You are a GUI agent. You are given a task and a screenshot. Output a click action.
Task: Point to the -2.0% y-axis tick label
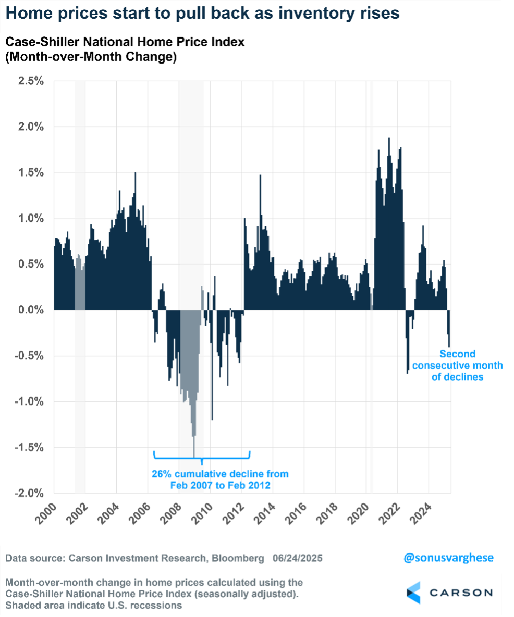31,493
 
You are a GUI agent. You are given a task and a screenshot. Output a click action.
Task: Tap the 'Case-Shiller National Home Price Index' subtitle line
125,43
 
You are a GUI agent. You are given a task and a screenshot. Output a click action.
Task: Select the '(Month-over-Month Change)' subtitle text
91,57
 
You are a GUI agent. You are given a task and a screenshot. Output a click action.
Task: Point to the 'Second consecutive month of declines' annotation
457,365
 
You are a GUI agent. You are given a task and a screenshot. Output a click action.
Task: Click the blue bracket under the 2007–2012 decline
202,456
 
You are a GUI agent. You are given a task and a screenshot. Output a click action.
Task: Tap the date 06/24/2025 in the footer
297,558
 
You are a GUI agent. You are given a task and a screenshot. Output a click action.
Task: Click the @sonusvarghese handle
448,558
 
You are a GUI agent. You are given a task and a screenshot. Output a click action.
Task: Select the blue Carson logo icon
413,593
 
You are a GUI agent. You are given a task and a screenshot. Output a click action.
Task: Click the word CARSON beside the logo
461,593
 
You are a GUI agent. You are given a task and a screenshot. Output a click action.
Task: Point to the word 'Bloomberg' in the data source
238,558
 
